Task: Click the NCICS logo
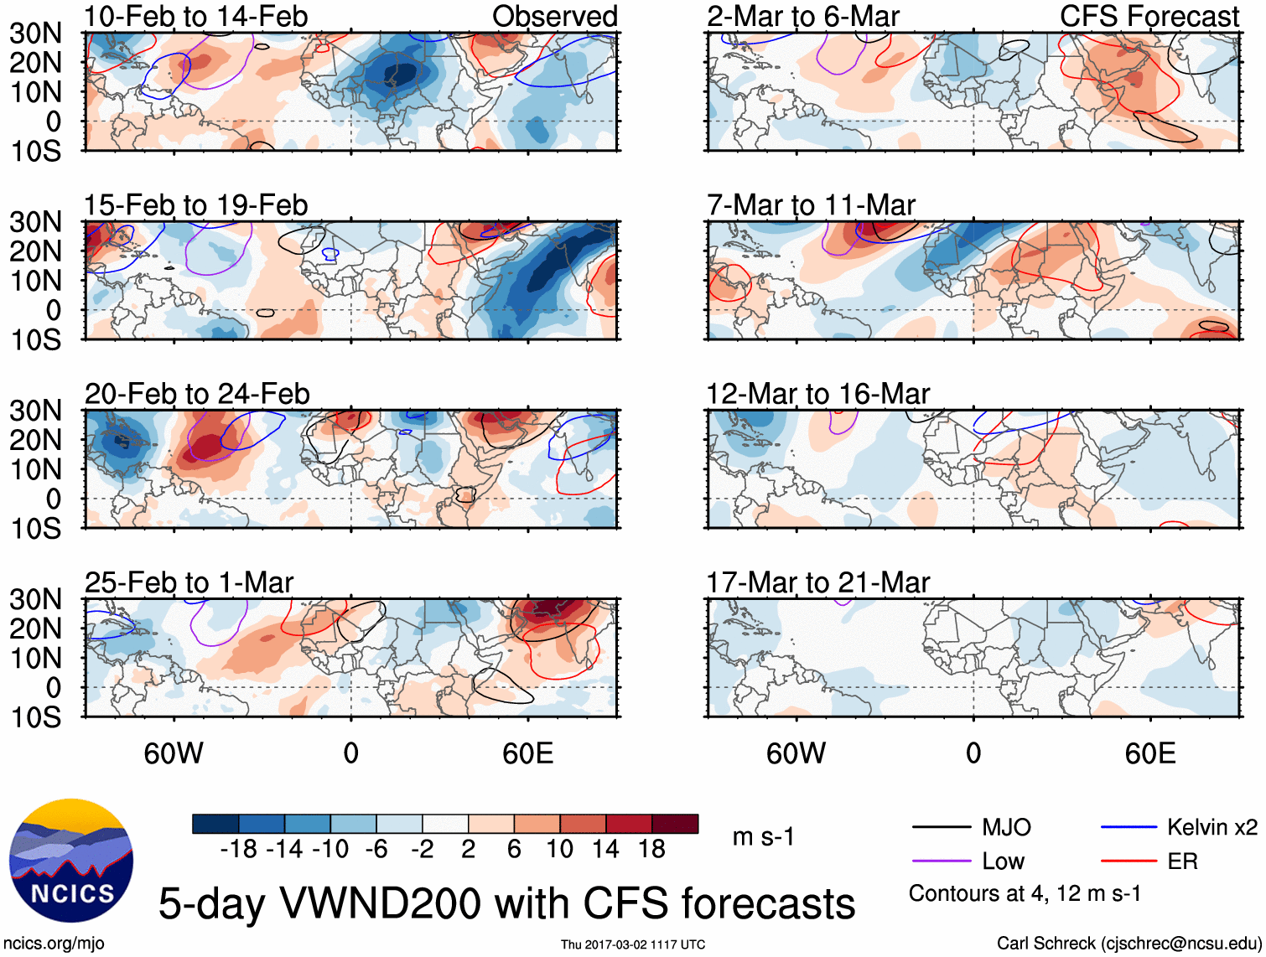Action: [x=70, y=861]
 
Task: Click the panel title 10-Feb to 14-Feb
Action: [x=195, y=16]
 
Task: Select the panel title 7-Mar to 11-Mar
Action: [x=811, y=205]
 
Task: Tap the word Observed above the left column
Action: [x=554, y=16]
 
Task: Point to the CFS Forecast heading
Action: [x=1149, y=16]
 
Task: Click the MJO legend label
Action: [x=1006, y=828]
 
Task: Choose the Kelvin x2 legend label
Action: [x=1212, y=828]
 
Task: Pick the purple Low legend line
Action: [x=941, y=861]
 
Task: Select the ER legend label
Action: [x=1182, y=861]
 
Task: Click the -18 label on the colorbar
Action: [x=239, y=850]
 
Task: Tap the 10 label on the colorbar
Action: [x=559, y=850]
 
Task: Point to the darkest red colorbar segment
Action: [x=675, y=824]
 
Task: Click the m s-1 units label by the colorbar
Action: [x=763, y=837]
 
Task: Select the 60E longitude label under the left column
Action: [x=527, y=754]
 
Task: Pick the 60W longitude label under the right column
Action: [x=796, y=754]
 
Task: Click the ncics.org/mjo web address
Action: [x=54, y=944]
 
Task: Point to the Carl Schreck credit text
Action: [x=1129, y=944]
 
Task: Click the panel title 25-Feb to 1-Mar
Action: [x=189, y=582]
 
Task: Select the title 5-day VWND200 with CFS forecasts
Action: [x=506, y=903]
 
